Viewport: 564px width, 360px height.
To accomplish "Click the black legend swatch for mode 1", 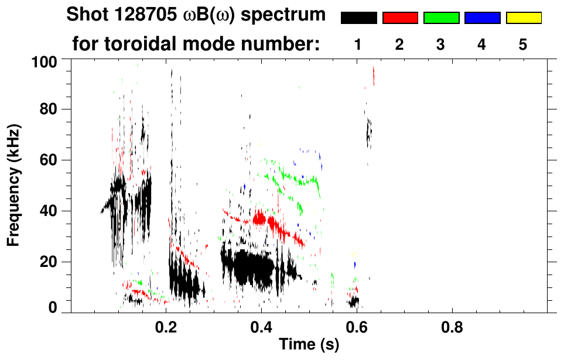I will pos(358,18).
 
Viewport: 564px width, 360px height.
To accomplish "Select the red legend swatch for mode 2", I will pos(400,18).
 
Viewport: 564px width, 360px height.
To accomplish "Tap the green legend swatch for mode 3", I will pos(441,18).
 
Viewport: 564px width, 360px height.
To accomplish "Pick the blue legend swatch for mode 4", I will pos(482,18).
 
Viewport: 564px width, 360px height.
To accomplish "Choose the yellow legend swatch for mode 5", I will pos(523,18).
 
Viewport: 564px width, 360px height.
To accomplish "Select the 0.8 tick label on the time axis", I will pos(453,325).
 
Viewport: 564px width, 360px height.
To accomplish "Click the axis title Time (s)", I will pos(309,345).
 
